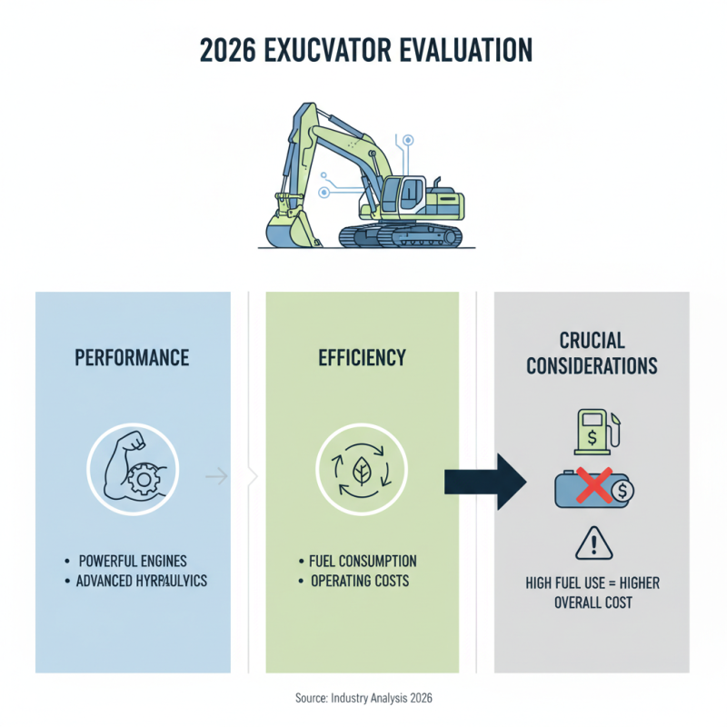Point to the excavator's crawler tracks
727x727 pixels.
click(x=400, y=236)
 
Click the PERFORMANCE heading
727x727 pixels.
click(x=133, y=357)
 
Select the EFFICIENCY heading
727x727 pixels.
click(x=362, y=357)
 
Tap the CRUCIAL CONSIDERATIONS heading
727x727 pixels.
click(x=591, y=354)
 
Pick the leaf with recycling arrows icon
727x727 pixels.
click(x=362, y=471)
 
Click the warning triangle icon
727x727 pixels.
click(x=592, y=544)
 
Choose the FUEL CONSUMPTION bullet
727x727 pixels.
click(x=363, y=560)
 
